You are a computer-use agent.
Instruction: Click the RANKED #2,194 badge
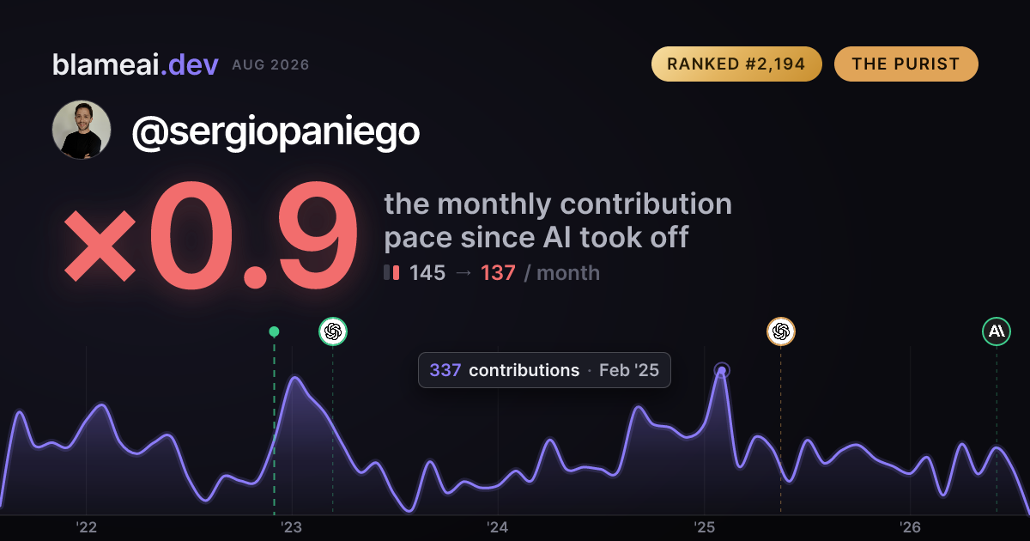coord(736,64)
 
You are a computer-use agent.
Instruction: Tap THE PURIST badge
coord(906,64)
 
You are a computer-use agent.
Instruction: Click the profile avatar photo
coord(82,130)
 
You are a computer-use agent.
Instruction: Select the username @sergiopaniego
coord(276,132)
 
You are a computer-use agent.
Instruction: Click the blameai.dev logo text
coord(136,65)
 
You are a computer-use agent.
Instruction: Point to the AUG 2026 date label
coord(270,65)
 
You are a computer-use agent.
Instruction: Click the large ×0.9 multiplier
coord(210,235)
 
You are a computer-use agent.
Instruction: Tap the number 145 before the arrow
coord(427,273)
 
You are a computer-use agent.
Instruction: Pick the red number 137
coord(498,273)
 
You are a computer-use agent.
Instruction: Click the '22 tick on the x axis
coord(86,527)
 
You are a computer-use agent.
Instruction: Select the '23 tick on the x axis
coord(292,527)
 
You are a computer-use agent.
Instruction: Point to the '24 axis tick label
coord(498,527)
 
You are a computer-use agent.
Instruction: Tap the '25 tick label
coord(704,527)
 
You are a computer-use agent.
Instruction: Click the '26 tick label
coord(910,527)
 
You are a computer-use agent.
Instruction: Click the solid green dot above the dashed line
coord(274,331)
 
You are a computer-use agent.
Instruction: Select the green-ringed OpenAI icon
coord(333,331)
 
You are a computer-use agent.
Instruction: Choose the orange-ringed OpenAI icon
coord(781,331)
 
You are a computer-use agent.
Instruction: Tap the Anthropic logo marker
coord(997,331)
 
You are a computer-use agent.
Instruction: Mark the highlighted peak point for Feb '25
coord(722,370)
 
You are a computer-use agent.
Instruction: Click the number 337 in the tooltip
coord(445,370)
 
